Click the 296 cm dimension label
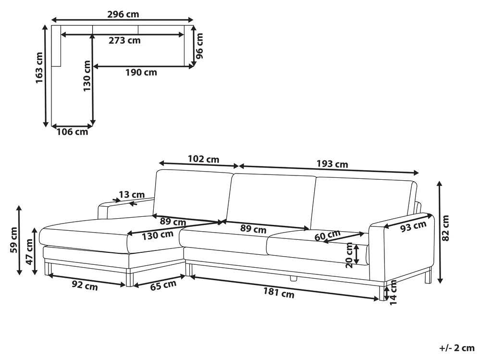pos(123,14)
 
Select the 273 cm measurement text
pos(124,40)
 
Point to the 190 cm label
pos(141,73)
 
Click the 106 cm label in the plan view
pos(72,132)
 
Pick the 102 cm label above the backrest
pos(203,159)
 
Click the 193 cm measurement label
pos(332,164)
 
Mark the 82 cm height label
pos(446,227)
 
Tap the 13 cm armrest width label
pos(131,195)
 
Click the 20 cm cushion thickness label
pos(350,255)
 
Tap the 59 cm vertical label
pos(14,239)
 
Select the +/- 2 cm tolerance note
pos(456,348)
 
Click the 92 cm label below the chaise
pos(85,286)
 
